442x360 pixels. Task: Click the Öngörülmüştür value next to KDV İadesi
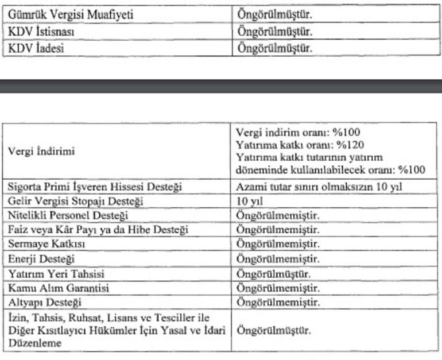[x=275, y=49]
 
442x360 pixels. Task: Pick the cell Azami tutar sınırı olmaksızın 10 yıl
[x=318, y=187]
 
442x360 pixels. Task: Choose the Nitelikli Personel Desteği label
[x=68, y=216]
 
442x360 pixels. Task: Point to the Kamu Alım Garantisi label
[x=59, y=288]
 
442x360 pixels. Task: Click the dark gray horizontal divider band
[x=221, y=86]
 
